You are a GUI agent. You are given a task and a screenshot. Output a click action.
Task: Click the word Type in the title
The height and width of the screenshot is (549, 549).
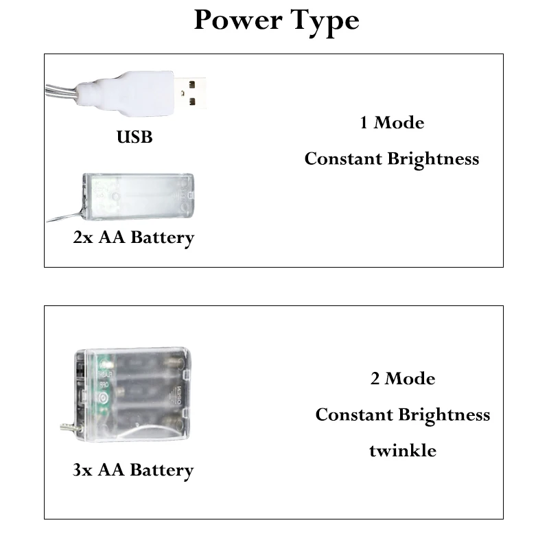(x=322, y=21)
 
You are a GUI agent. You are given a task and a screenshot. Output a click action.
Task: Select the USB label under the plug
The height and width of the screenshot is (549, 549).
(x=135, y=137)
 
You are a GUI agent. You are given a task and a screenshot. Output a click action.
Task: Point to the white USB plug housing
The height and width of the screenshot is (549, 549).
(x=117, y=92)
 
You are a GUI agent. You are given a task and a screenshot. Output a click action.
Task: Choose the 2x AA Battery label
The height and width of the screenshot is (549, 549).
(x=134, y=238)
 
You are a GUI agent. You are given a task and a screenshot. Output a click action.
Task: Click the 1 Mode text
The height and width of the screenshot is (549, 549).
(x=392, y=123)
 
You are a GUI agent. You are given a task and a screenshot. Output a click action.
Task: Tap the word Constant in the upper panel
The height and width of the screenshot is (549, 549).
(x=343, y=159)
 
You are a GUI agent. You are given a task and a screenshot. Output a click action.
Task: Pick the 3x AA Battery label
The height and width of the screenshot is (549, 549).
(x=133, y=470)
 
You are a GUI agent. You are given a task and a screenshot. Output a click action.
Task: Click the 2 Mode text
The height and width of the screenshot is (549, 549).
(x=403, y=379)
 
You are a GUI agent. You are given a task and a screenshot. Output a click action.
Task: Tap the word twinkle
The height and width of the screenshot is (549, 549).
(x=403, y=451)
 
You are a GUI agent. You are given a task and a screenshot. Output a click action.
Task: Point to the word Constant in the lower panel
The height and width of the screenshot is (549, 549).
(x=354, y=414)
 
